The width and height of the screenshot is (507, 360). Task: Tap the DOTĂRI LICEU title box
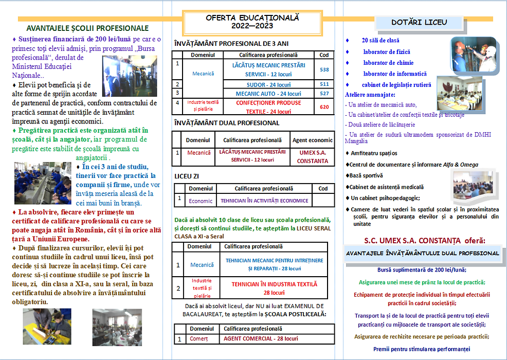[419, 22]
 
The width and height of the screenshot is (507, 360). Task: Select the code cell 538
[324, 69]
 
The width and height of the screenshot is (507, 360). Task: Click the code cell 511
[324, 84]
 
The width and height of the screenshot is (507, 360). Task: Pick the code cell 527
[324, 94]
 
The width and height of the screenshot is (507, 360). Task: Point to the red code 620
[324, 107]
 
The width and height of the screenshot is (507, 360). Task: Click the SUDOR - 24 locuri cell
[264, 84]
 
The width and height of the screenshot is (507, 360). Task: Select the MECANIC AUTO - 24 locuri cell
[264, 94]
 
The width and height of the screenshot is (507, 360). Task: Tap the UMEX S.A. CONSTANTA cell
[313, 156]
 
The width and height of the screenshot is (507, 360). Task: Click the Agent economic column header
[313, 140]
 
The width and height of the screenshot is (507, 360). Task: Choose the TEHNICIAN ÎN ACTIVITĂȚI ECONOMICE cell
[264, 201]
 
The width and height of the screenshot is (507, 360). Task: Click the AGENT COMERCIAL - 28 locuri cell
[261, 339]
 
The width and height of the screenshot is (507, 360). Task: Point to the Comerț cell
[198, 339]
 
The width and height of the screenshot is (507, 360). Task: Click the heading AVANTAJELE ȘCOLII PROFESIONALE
[87, 28]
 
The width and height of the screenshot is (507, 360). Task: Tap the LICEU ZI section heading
[187, 176]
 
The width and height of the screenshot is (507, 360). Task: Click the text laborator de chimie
[387, 63]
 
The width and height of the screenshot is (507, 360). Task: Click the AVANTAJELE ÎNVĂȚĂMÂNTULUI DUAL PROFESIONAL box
[423, 253]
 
